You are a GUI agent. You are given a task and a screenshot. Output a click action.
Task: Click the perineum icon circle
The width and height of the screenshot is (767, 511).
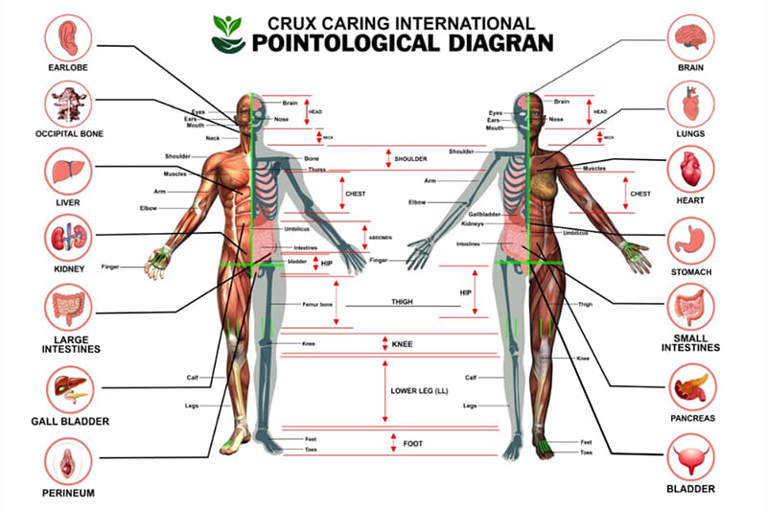point(68,461)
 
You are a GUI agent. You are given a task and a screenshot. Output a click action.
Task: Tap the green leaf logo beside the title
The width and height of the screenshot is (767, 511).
point(228,32)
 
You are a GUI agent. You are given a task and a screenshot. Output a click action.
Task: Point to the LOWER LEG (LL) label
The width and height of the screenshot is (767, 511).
point(419,391)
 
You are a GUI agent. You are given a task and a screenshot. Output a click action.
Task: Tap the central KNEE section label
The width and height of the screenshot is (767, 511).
point(402,343)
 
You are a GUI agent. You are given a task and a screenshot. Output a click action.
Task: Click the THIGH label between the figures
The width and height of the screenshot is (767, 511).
point(402,302)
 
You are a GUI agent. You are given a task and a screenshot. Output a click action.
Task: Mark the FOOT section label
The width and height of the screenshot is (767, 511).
point(413,444)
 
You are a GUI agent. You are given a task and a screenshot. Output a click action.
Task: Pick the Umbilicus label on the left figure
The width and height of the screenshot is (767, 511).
point(297,229)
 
